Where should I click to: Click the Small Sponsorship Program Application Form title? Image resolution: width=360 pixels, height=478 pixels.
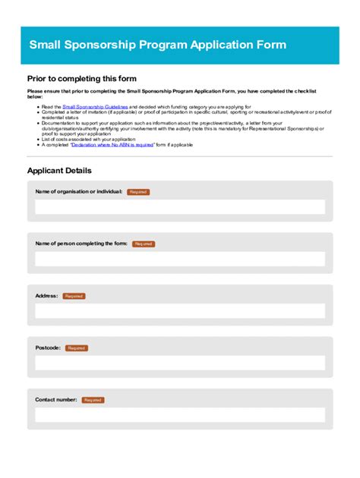coord(157,45)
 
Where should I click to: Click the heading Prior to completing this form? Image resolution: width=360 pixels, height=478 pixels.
coord(81,78)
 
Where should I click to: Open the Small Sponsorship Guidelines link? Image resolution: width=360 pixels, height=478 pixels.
coord(95,108)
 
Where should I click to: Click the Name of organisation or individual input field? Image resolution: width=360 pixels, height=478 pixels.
coord(180,207)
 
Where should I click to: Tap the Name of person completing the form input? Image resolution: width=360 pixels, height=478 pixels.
coord(180,259)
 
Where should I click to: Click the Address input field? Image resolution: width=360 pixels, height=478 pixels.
coord(180,311)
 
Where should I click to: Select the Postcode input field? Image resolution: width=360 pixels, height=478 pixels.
coord(180,363)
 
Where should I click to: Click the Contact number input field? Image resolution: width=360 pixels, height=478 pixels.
coord(180,415)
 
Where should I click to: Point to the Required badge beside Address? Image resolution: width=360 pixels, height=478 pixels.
coord(74,296)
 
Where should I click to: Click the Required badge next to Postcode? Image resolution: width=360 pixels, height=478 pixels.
coord(76,348)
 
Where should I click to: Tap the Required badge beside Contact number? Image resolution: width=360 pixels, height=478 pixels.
coord(93,400)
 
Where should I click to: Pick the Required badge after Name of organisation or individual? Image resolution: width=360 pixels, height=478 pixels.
coord(138,192)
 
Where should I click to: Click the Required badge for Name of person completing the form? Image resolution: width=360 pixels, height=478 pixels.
coord(144,244)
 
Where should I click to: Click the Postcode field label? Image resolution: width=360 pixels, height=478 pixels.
coord(47,347)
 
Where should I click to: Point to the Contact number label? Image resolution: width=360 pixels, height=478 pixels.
coord(56,400)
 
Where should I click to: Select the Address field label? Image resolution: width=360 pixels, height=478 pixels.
coord(46,296)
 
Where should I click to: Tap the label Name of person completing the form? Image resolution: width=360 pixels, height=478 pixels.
coord(81,244)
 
